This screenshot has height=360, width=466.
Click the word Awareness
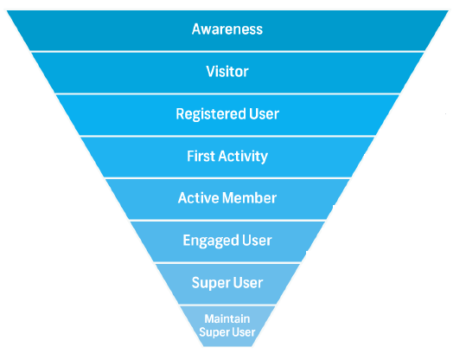click(x=227, y=29)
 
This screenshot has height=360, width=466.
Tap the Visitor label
click(x=227, y=72)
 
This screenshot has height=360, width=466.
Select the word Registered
click(x=211, y=114)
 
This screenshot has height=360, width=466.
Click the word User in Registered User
click(x=265, y=114)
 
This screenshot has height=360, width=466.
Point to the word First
click(x=201, y=156)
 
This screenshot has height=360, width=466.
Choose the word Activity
click(x=243, y=157)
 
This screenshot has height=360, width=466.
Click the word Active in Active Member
click(x=198, y=198)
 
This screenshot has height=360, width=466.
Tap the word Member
click(x=249, y=198)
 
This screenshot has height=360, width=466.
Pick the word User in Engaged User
click(x=257, y=241)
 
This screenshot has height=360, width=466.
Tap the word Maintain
click(x=227, y=319)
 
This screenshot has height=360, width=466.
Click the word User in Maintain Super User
click(x=245, y=332)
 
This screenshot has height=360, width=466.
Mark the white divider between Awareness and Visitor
click(x=227, y=51)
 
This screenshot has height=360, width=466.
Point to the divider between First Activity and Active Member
click(x=227, y=178)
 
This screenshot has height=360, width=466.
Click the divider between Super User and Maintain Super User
click(x=227, y=305)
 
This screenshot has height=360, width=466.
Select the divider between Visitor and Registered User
click(x=227, y=93)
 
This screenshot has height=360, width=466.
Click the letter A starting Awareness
click(x=196, y=29)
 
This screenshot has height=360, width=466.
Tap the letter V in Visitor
click(x=211, y=72)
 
